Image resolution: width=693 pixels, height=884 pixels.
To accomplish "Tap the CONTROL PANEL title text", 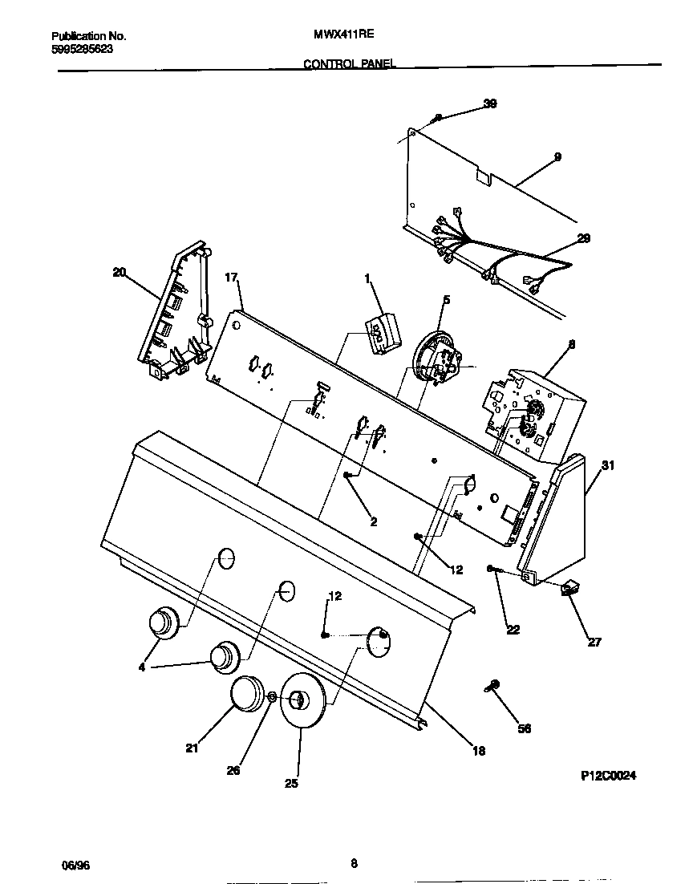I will tap(349, 63).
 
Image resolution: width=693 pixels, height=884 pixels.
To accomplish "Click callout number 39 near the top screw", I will tap(490, 103).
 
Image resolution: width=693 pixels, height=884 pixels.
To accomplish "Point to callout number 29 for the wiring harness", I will tap(583, 238).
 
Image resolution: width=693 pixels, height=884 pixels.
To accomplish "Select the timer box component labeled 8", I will tap(533, 413).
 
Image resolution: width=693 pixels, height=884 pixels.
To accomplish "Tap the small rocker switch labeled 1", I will tap(380, 331).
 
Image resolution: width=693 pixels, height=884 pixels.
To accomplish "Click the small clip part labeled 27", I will tap(571, 590).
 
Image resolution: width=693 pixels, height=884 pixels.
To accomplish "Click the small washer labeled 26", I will tap(272, 697).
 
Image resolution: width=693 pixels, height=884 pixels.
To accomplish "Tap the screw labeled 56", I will tap(492, 686).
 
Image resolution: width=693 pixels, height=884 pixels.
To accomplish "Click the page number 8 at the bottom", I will tap(354, 864).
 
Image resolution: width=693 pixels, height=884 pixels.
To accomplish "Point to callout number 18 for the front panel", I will tap(478, 751).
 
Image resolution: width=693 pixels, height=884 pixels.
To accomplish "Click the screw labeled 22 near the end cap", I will tap(493, 570).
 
